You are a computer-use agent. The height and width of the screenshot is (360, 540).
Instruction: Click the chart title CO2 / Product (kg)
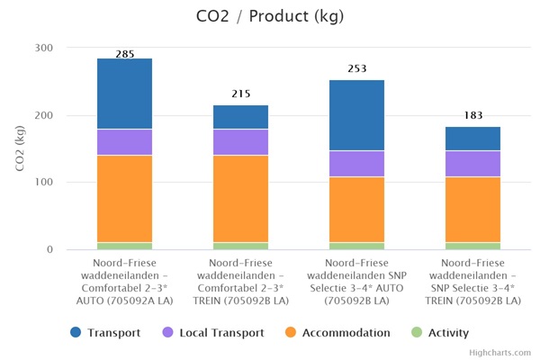click(x=270, y=16)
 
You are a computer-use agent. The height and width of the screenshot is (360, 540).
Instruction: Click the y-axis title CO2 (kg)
click(x=20, y=149)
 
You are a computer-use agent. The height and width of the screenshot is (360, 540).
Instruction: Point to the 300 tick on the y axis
click(x=43, y=48)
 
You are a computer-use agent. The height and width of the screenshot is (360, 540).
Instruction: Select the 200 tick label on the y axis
click(x=43, y=115)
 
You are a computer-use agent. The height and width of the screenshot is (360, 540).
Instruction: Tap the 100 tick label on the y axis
click(x=43, y=183)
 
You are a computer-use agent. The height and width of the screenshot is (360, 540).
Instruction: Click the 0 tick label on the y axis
click(x=49, y=250)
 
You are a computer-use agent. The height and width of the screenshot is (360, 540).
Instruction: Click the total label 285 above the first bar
click(x=125, y=54)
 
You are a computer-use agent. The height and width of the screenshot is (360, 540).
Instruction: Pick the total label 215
click(x=240, y=94)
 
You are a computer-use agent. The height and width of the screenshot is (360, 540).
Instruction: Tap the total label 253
click(x=357, y=68)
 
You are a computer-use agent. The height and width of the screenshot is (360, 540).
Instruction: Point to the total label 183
click(x=472, y=115)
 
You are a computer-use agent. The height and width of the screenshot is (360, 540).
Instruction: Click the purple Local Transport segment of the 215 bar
click(x=240, y=142)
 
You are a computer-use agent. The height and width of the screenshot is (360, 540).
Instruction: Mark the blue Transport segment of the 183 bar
click(x=472, y=139)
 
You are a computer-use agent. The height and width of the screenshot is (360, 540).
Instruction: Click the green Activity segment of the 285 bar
click(x=125, y=246)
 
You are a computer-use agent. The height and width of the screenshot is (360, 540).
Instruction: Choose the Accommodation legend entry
click(x=344, y=332)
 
